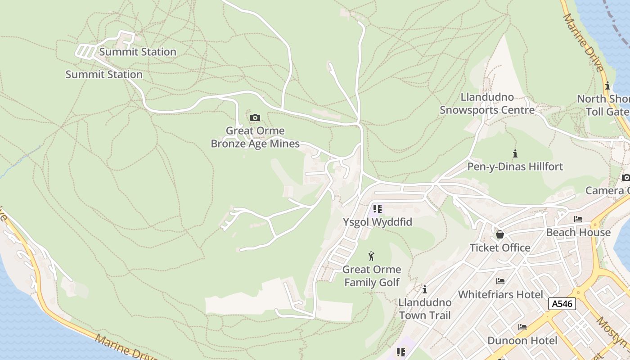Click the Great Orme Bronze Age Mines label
[255, 137]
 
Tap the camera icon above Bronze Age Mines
[255, 118]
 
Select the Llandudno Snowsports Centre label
[487, 103]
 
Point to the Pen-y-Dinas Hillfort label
[515, 166]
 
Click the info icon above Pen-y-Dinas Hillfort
[515, 153]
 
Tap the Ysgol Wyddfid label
[377, 222]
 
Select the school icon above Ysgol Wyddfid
[377, 209]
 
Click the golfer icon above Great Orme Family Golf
[371, 256]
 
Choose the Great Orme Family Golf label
[372, 276]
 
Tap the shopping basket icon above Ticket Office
[499, 234]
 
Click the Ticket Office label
[500, 247]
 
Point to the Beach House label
[578, 232]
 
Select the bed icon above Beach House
[578, 219]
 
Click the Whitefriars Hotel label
[500, 294]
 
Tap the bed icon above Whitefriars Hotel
[500, 281]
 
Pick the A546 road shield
[562, 304]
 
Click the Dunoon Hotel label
[522, 340]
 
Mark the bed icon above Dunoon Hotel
[522, 327]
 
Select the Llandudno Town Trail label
[424, 308]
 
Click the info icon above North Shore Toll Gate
[607, 85]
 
